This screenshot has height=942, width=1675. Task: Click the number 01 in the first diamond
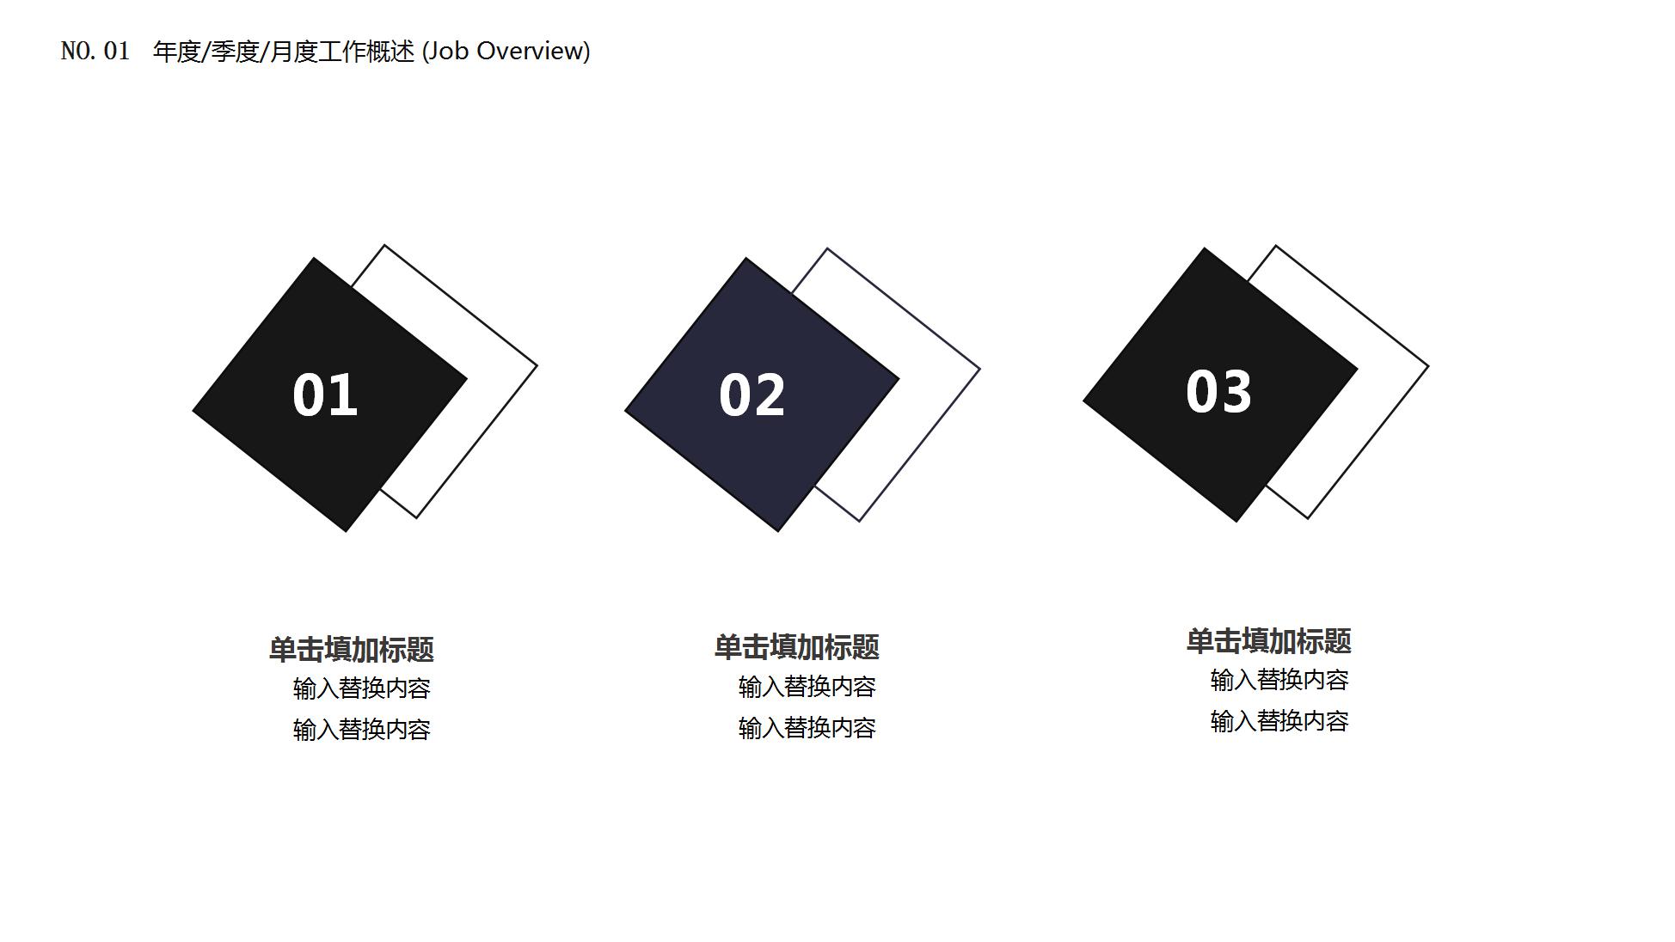pyautogui.click(x=325, y=395)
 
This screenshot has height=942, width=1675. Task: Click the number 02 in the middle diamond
pyautogui.click(x=752, y=395)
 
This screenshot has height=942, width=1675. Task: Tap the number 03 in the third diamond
pyautogui.click(x=1218, y=392)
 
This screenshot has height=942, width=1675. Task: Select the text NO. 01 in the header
pyautogui.click(x=95, y=52)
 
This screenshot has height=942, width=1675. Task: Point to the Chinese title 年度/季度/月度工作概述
pyautogui.click(x=284, y=52)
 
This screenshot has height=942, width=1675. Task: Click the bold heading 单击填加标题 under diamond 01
pyautogui.click(x=351, y=650)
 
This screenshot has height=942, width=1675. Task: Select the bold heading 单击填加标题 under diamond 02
pyautogui.click(x=796, y=647)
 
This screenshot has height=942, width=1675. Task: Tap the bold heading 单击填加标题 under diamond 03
pyautogui.click(x=1268, y=641)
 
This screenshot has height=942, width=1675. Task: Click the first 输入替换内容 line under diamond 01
pyautogui.click(x=361, y=688)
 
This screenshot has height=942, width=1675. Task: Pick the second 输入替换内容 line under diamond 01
pyautogui.click(x=361, y=730)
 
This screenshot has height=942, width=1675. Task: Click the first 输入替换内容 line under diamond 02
pyautogui.click(x=807, y=687)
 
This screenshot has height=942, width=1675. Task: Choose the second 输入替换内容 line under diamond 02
pyautogui.click(x=807, y=728)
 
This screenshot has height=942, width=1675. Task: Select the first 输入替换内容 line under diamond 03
pyautogui.click(x=1279, y=680)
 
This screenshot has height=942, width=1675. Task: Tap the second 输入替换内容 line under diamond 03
pyautogui.click(x=1279, y=721)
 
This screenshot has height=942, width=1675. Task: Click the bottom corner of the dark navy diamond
pyautogui.click(x=777, y=526)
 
